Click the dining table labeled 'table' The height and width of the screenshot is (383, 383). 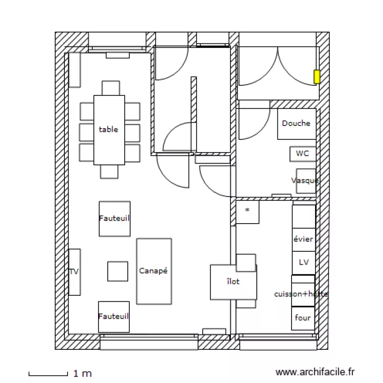click(109, 130)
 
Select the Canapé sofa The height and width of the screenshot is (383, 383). click(154, 271)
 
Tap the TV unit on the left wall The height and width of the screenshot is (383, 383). click(75, 272)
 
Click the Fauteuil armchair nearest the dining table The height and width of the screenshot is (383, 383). click(114, 219)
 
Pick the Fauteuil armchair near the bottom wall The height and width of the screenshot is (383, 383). click(113, 317)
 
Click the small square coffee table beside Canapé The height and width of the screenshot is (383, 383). click(117, 271)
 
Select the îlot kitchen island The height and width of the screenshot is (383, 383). click(233, 282)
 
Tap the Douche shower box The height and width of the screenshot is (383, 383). click(296, 124)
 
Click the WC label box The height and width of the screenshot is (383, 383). click(302, 153)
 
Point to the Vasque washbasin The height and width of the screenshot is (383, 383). click(305, 181)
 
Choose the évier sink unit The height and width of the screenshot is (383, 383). click(303, 239)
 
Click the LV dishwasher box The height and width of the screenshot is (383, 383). click(303, 262)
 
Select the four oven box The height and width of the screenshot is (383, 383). click(303, 318)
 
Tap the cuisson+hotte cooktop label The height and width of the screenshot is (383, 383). click(301, 294)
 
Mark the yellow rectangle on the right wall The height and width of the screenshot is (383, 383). click(317, 77)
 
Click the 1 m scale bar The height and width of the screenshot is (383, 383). click(48, 374)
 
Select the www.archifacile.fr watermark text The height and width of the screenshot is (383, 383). click(315, 373)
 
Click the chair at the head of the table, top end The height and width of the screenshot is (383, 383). click(110, 88)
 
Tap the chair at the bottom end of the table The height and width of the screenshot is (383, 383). click(109, 172)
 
